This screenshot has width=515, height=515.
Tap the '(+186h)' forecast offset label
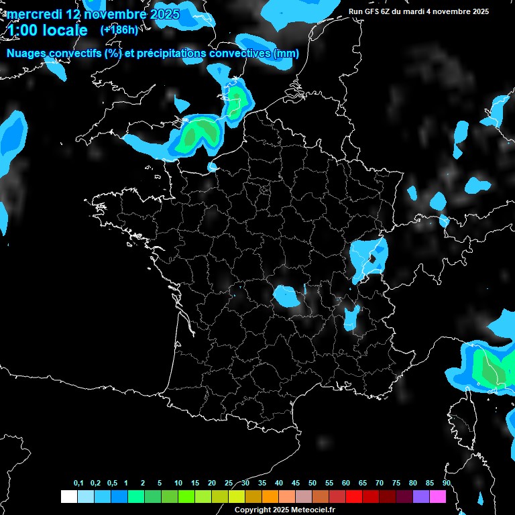tap(119, 30)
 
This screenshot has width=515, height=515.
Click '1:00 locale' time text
tap(47, 30)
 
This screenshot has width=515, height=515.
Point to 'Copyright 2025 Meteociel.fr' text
tap(284, 510)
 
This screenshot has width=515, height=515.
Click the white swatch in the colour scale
tap(68, 497)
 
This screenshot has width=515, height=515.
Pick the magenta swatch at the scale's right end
tap(438, 497)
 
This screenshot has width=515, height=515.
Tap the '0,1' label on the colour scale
tap(78, 483)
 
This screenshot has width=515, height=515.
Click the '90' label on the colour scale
tap(446, 483)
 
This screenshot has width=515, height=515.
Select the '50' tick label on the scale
tap(312, 483)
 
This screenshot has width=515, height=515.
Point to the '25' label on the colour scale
tap(229, 483)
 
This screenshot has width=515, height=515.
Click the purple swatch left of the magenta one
tap(421, 497)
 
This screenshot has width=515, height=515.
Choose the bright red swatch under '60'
tap(354, 497)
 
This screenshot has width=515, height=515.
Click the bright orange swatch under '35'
tap(270, 497)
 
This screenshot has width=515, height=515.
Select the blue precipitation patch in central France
tap(287, 295)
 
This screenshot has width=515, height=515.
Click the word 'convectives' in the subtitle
tap(242, 54)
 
